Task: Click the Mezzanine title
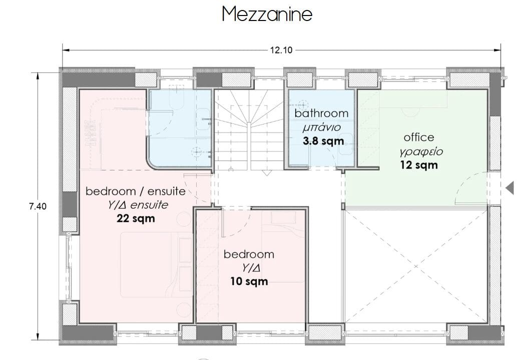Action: (267, 14)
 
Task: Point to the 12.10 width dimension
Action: (281, 50)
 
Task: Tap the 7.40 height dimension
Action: (38, 206)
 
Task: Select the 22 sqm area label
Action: (136, 218)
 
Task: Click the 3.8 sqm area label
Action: (323, 141)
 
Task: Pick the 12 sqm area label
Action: (419, 165)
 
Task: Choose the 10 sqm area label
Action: (249, 281)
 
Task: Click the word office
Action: (419, 137)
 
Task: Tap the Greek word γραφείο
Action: (421, 151)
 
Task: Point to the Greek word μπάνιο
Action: (322, 127)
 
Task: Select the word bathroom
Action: (321, 113)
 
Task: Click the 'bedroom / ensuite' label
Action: (136, 191)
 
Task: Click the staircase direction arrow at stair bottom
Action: (266, 172)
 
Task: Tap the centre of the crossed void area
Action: (416, 266)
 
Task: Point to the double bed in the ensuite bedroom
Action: (157, 264)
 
